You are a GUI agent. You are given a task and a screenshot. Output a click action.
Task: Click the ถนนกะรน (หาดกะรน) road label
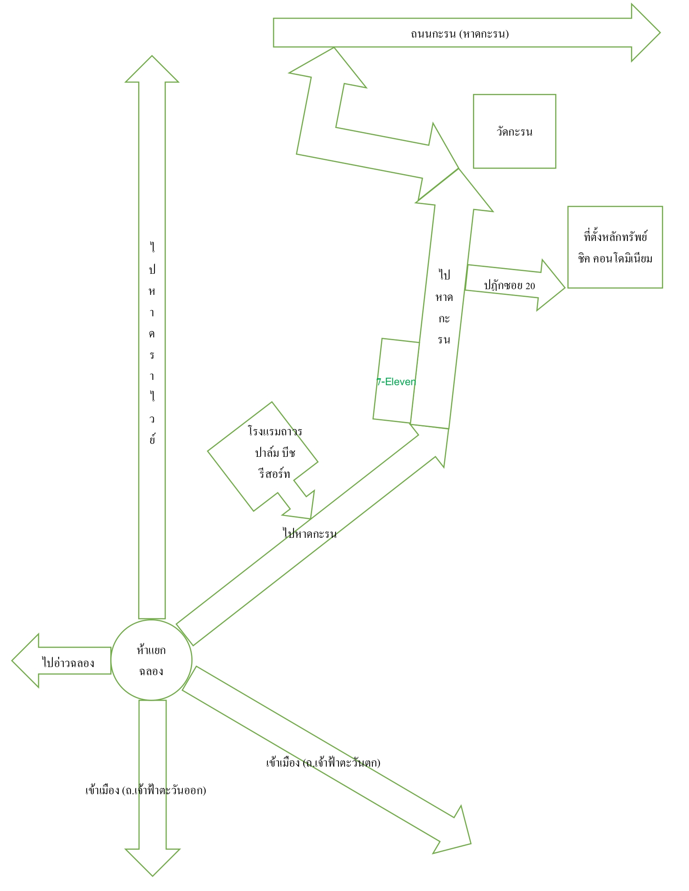pyautogui.click(x=460, y=34)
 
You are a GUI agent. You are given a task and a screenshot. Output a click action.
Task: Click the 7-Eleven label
pyautogui.click(x=396, y=382)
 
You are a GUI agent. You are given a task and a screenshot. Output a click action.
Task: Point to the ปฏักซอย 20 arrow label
pyautogui.click(x=509, y=286)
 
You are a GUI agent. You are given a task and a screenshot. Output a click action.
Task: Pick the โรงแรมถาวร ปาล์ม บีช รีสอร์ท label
pyautogui.click(x=275, y=452)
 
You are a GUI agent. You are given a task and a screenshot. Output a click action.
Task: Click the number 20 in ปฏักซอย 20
pyautogui.click(x=530, y=286)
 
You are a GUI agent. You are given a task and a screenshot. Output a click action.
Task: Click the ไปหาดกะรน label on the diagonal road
pyautogui.click(x=310, y=533)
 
